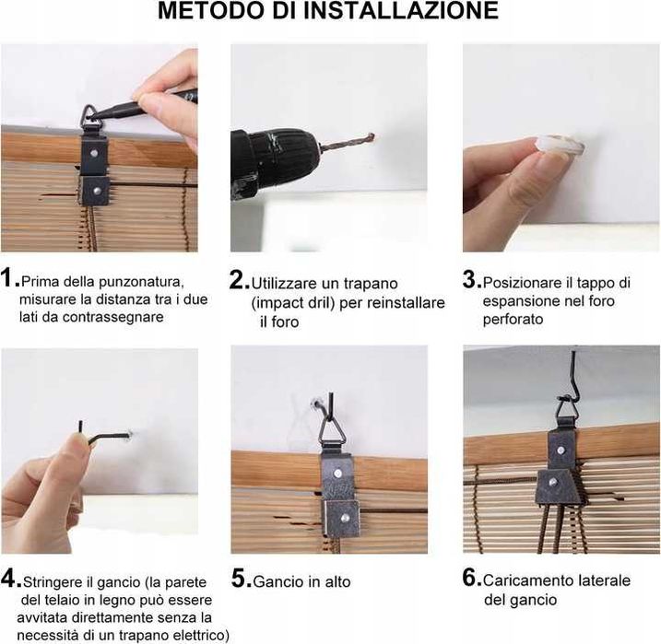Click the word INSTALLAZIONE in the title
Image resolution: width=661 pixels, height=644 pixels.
point(400,10)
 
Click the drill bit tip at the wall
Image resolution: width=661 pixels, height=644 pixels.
point(372,136)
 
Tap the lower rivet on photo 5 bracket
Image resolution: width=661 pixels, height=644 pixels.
point(345,517)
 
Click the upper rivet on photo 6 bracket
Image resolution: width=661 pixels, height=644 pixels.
point(560,451)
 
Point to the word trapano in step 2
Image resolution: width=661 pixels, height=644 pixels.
point(371,284)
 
